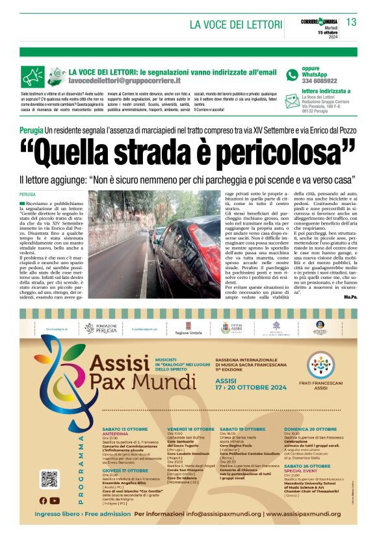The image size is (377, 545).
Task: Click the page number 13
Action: coord(351,23)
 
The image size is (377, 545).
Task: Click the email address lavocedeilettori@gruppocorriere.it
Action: coord(124,81)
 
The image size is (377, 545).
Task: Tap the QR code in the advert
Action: coord(49,479)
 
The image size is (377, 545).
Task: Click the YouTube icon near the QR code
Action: coord(55,500)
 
